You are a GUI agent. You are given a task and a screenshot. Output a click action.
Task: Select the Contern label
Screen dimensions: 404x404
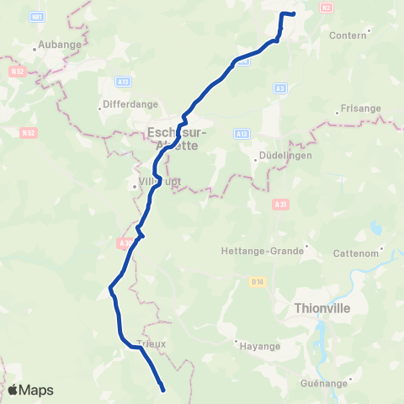(348, 35)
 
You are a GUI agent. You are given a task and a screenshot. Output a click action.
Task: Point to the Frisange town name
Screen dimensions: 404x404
(361, 109)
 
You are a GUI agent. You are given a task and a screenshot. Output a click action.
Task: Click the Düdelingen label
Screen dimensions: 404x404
(282, 156)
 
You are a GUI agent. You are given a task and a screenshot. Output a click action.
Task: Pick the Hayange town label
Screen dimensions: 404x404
(259, 345)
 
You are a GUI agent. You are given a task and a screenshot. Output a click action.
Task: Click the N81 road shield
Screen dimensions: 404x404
(36, 16)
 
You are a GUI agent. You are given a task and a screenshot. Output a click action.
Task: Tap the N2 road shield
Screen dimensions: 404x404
(327, 7)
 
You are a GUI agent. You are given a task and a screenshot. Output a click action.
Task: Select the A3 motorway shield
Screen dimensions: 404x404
(280, 87)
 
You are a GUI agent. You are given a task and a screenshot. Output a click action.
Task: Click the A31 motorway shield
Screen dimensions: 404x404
(280, 203)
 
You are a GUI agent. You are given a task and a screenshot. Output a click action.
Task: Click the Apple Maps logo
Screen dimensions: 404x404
(30, 390)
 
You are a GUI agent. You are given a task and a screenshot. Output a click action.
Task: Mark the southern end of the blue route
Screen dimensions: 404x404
(162, 389)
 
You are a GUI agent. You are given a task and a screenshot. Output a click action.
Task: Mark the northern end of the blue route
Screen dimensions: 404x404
(294, 13)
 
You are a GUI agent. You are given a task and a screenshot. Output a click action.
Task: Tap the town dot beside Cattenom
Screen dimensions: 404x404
(383, 249)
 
